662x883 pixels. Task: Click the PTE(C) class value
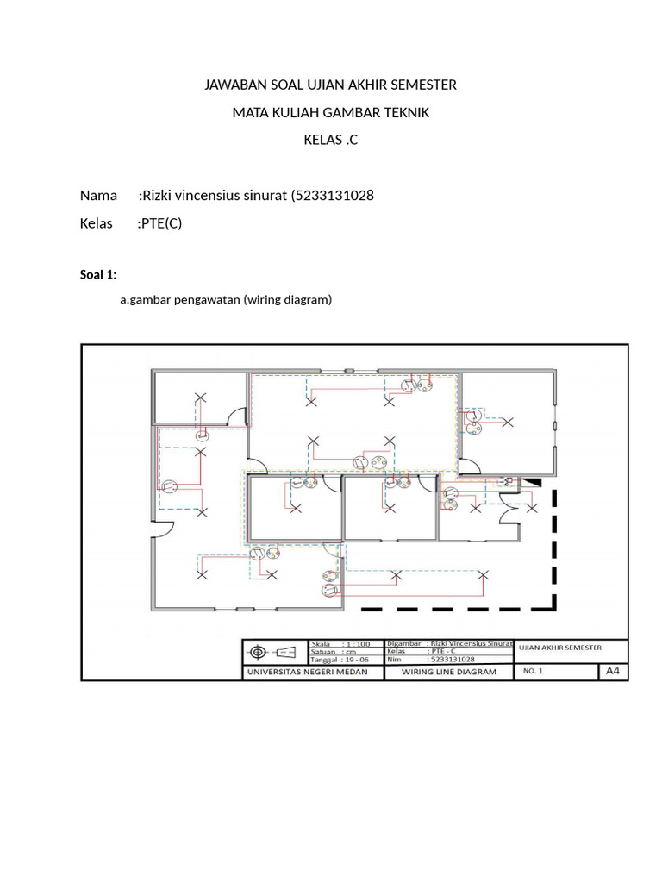(x=161, y=223)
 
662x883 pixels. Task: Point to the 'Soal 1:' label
(x=97, y=275)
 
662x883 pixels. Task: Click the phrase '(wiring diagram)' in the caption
(x=287, y=300)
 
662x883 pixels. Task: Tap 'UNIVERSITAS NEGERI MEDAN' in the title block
(x=308, y=672)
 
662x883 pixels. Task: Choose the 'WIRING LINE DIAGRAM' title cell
(x=448, y=672)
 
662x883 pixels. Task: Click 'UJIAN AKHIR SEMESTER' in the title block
(x=559, y=648)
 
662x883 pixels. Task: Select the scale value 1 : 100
(x=356, y=643)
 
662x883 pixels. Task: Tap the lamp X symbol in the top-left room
(x=202, y=398)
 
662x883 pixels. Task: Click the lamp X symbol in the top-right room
(x=508, y=422)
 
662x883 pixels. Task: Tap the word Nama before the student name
(x=98, y=195)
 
